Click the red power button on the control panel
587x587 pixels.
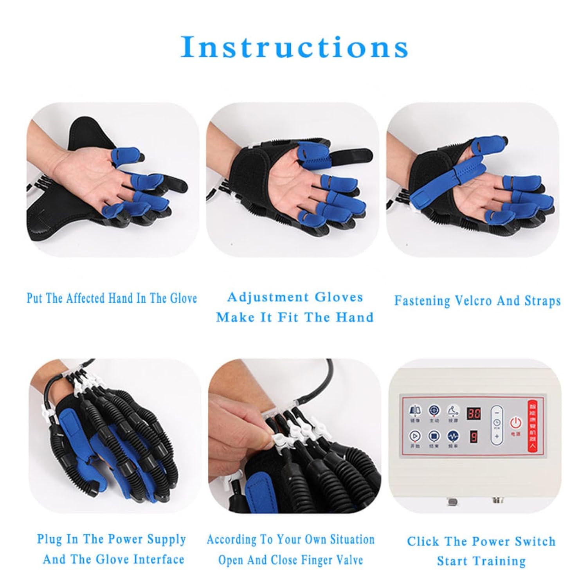pyautogui.click(x=515, y=423)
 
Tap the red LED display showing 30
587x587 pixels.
pyautogui.click(x=474, y=413)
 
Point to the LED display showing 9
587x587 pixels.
pyautogui.click(x=474, y=436)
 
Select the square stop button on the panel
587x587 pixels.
pyautogui.click(x=434, y=436)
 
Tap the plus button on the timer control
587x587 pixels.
pyautogui.click(x=497, y=436)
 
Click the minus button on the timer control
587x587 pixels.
pyautogui.click(x=497, y=412)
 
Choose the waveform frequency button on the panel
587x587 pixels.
pyautogui.click(x=453, y=436)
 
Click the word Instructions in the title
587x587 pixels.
pyautogui.click(x=294, y=47)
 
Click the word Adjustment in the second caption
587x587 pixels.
pyautogui.click(x=268, y=297)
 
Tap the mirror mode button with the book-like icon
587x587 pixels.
pyautogui.click(x=415, y=411)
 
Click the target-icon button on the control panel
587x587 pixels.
pyautogui.click(x=434, y=411)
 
